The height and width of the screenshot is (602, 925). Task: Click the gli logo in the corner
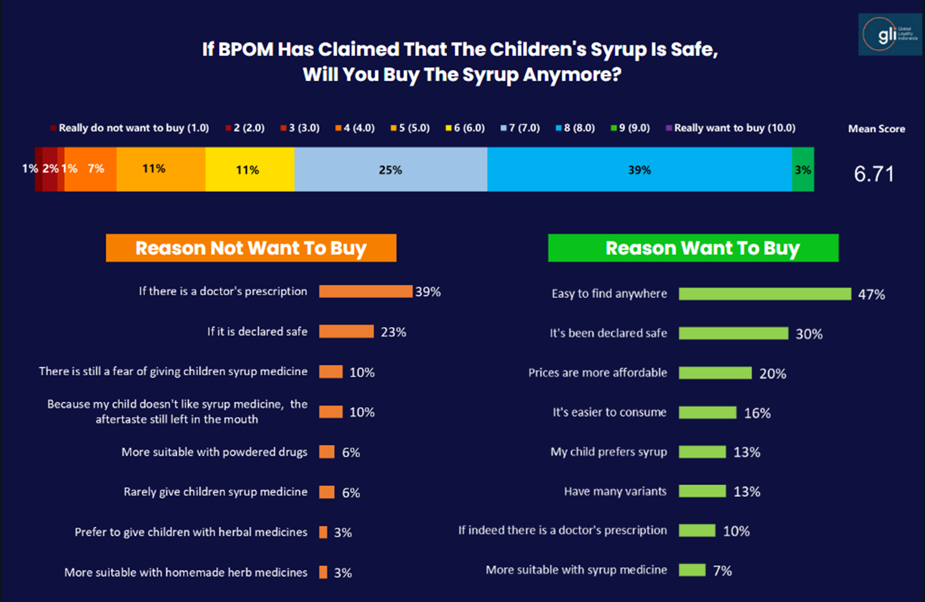(889, 34)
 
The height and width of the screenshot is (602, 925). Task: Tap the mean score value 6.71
(874, 174)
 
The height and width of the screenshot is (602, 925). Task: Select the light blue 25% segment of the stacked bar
(390, 170)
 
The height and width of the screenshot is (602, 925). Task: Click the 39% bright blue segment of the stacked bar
(639, 170)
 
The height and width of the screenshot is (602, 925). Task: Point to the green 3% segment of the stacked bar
(803, 170)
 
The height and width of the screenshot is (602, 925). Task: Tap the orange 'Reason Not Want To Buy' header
(250, 248)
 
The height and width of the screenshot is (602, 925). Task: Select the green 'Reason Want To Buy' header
(693, 248)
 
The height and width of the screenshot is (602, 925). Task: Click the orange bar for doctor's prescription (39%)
(365, 291)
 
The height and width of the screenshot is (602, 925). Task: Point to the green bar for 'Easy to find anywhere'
(764, 294)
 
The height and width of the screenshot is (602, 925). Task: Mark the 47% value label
(871, 295)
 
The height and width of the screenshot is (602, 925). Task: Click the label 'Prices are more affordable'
(597, 372)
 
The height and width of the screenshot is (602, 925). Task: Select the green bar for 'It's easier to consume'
(707, 412)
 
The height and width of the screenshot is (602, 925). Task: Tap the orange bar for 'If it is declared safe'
(346, 332)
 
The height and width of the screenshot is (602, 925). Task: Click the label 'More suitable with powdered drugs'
(214, 452)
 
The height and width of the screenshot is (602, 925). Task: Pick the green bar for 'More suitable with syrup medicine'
(692, 570)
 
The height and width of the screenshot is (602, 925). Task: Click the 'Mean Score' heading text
(876, 128)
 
